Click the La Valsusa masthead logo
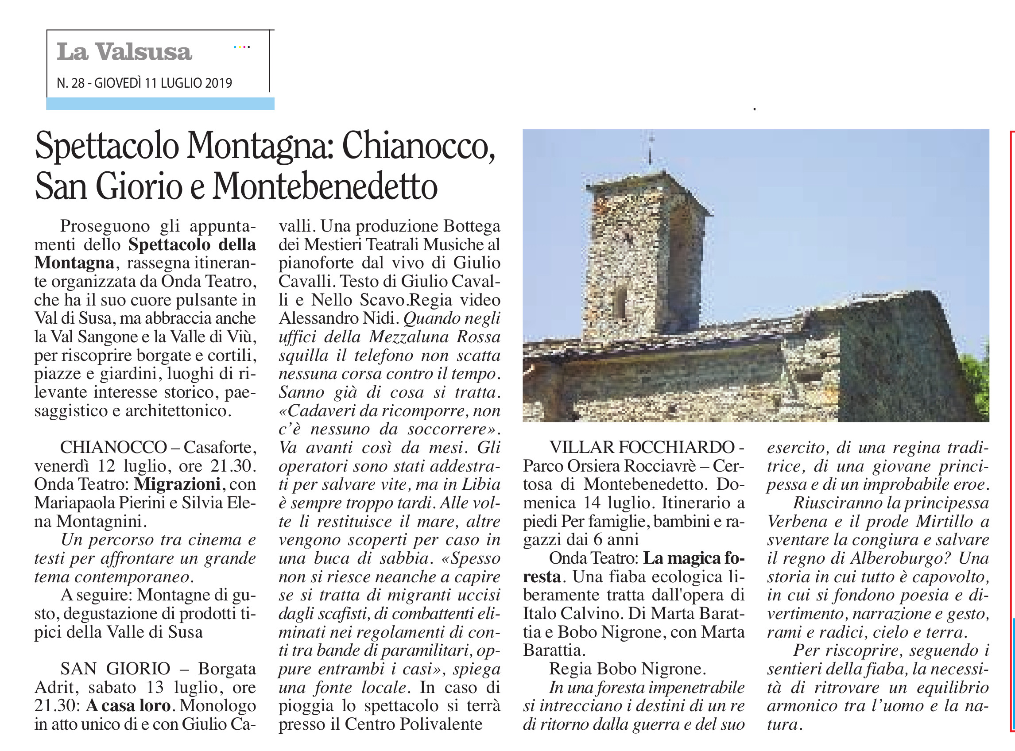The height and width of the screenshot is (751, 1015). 124,51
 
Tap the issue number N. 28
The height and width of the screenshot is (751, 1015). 70,83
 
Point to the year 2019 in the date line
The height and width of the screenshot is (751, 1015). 218,83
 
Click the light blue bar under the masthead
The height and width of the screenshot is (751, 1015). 160,104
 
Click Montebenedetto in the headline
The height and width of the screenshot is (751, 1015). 325,186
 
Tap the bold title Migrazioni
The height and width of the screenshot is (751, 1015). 177,484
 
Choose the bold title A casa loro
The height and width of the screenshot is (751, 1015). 128,705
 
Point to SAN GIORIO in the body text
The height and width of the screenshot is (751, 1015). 115,669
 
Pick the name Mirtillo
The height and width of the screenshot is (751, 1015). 944,522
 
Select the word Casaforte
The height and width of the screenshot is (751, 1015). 220,447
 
